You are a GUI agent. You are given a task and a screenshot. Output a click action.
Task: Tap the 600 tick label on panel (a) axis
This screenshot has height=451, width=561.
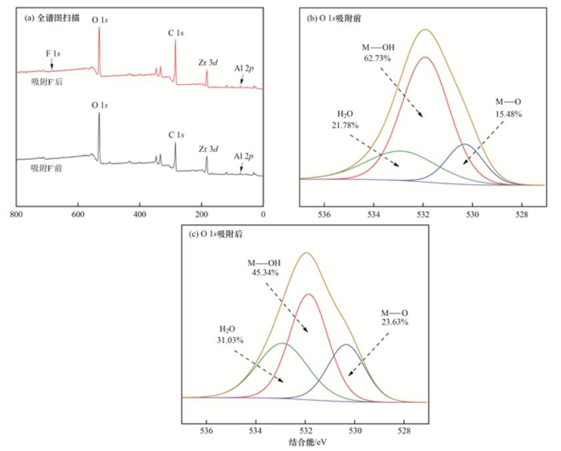pyautogui.click(x=78, y=215)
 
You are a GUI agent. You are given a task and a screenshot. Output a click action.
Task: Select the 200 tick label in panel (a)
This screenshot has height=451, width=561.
pyautogui.click(x=201, y=215)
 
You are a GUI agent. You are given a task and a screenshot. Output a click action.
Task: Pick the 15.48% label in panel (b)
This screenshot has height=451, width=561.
pyautogui.click(x=508, y=113)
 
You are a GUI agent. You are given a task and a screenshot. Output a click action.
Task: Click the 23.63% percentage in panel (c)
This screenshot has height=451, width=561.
pyautogui.click(x=395, y=322)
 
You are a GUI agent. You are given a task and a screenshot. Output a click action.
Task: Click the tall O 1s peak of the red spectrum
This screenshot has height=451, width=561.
pyautogui.click(x=99, y=28)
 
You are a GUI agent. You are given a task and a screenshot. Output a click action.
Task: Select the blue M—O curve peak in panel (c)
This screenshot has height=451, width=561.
pyautogui.click(x=346, y=345)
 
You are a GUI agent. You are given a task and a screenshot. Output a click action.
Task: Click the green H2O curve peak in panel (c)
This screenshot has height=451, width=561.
pyautogui.click(x=282, y=344)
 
